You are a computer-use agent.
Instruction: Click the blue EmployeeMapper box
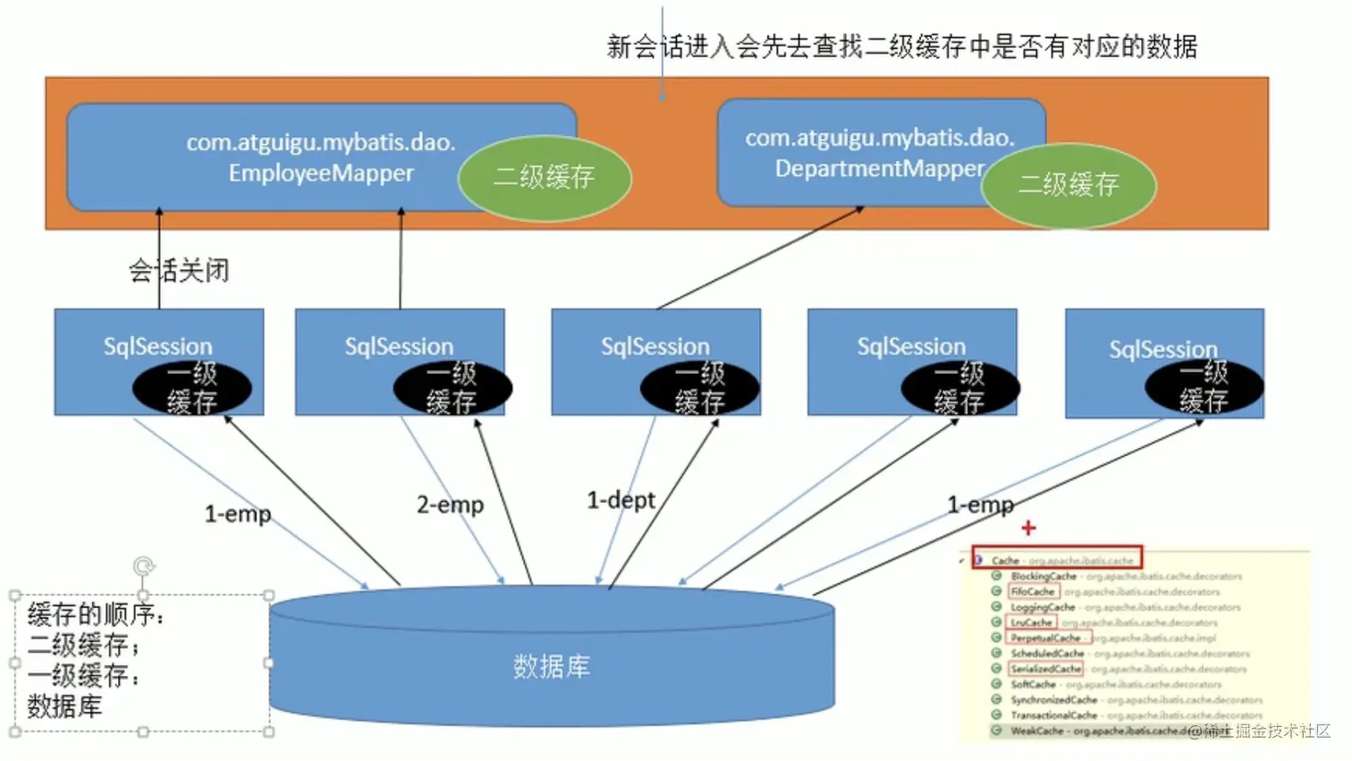point(295,157)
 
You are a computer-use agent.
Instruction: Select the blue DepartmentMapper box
point(858,152)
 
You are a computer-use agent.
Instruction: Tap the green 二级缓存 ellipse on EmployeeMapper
point(545,177)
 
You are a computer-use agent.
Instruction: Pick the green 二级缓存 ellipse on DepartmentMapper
point(1069,185)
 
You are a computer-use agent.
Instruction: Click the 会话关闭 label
point(179,270)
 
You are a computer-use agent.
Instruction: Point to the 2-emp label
point(450,505)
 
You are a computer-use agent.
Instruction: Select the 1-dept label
point(621,500)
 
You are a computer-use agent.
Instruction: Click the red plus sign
point(1028,528)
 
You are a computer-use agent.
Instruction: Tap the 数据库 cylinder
point(552,666)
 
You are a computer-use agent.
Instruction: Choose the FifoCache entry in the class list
point(1033,592)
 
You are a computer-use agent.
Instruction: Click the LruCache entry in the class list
point(1031,622)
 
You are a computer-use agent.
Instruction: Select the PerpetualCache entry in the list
point(1045,638)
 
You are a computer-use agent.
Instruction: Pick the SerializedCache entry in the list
point(1045,669)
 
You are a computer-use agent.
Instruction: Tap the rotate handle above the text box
point(143,566)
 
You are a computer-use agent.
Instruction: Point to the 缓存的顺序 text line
point(96,614)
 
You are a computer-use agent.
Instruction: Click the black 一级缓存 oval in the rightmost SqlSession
point(1204,387)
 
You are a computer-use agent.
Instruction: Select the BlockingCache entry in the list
point(1044,577)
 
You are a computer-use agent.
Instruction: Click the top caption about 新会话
point(901,47)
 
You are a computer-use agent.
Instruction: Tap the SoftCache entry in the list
point(1033,684)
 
